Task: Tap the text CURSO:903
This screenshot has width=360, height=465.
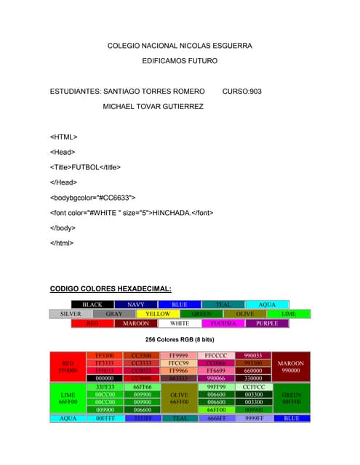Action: (x=242, y=92)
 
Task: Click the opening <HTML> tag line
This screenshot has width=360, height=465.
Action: (x=64, y=137)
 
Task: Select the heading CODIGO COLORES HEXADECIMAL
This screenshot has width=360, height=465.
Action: (x=111, y=288)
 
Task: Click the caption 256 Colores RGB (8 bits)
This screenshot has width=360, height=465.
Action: (x=180, y=339)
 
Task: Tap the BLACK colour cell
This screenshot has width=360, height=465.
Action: (x=92, y=304)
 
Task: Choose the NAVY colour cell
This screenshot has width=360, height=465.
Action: (x=135, y=304)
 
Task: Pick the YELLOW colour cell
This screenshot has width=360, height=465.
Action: (x=158, y=314)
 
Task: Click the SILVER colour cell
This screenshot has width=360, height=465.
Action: (x=71, y=314)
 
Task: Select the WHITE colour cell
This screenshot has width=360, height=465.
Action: (x=180, y=323)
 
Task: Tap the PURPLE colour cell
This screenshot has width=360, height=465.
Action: (x=267, y=323)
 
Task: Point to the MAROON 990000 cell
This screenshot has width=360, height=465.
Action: (x=291, y=366)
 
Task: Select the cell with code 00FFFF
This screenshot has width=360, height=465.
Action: (x=105, y=418)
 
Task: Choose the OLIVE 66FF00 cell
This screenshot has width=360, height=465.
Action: (x=179, y=398)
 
